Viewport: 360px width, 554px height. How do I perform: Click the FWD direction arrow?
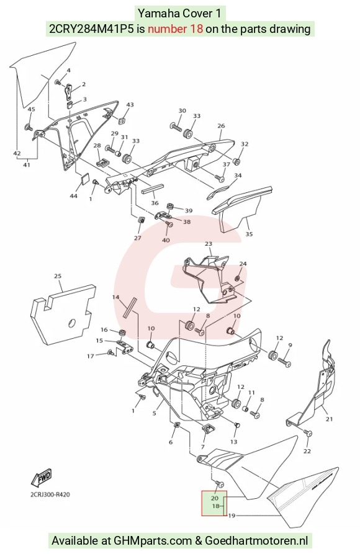[x=42, y=478]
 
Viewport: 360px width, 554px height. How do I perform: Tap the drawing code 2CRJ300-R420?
[x=50, y=494]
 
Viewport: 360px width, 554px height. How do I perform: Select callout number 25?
[x=58, y=276]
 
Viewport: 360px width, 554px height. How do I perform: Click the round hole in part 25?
[x=72, y=323]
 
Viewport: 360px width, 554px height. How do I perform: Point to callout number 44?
[x=73, y=196]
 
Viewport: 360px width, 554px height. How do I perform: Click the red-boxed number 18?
[x=216, y=506]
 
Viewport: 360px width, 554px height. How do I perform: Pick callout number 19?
[x=232, y=516]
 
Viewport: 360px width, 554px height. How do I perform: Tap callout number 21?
[x=329, y=419]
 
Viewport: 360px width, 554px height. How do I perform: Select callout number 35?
[x=250, y=234]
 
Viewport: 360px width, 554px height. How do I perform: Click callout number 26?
[x=221, y=126]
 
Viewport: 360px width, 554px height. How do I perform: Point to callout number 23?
[x=209, y=244]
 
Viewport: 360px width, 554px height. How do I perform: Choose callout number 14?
[x=115, y=297]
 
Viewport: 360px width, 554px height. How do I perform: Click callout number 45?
[x=31, y=109]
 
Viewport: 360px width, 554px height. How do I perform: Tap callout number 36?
[x=155, y=203]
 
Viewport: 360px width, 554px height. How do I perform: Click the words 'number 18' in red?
[x=176, y=29]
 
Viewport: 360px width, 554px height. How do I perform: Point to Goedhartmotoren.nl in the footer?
[x=256, y=540]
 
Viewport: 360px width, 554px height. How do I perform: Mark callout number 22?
[x=307, y=451]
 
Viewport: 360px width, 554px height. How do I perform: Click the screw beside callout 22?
[x=308, y=433]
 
